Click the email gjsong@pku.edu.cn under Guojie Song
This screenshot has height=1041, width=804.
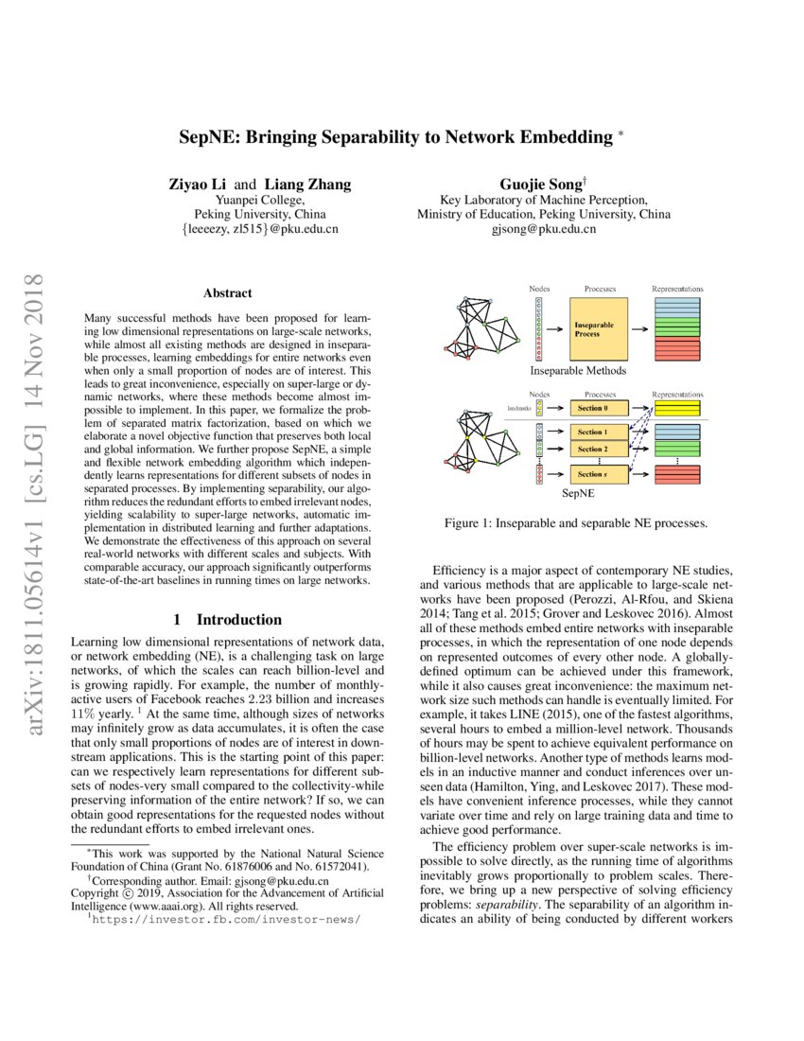pyautogui.click(x=544, y=229)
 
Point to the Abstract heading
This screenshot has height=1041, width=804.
pyautogui.click(x=227, y=293)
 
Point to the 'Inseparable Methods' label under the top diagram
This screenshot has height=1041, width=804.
pyautogui.click(x=577, y=372)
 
